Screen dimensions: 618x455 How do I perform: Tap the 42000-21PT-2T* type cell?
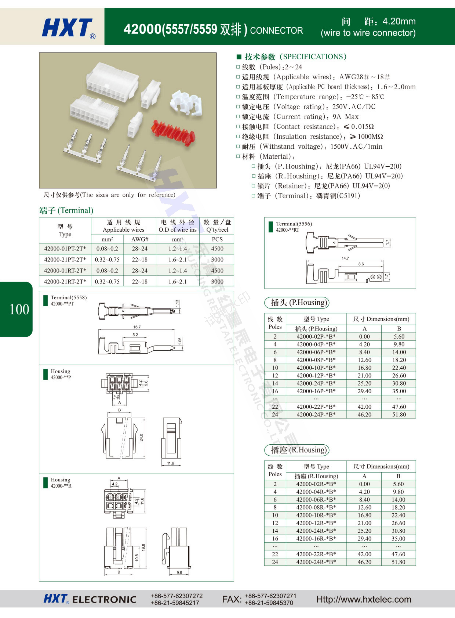[x=65, y=259]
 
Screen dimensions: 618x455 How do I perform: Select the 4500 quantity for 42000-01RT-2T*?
[x=217, y=271]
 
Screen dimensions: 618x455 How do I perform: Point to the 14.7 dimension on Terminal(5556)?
[x=345, y=258]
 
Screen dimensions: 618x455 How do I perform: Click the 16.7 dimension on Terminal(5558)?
[x=137, y=327]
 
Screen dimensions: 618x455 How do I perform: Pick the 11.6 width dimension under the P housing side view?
[x=170, y=463]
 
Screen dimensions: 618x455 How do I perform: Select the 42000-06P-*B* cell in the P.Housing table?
[x=316, y=352]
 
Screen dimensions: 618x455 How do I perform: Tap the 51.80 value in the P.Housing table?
[x=399, y=414]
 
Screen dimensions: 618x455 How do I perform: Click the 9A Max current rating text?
[x=345, y=117]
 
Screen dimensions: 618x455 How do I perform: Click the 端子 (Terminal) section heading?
[x=66, y=210]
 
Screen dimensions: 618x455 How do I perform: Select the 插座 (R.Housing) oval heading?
[x=297, y=450]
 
